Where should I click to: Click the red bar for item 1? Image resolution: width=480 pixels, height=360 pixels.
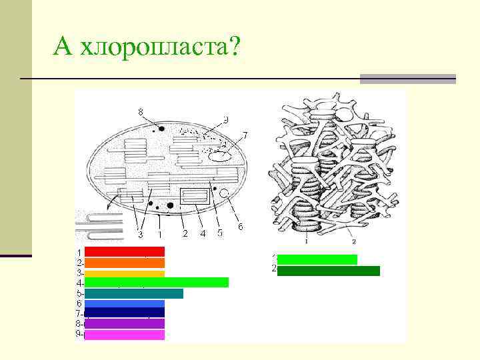coord(124,251)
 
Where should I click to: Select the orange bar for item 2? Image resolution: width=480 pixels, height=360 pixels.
coord(124,263)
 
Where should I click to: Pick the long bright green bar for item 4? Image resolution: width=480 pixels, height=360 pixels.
coord(156,283)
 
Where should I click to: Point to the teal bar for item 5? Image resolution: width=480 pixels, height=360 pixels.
coord(133,293)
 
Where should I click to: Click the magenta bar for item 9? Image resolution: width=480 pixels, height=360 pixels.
coord(124,335)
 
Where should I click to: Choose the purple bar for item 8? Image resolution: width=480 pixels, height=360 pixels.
coord(124,323)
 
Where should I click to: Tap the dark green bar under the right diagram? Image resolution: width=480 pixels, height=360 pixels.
coord(328,271)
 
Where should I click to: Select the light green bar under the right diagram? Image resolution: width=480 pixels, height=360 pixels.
coord(317,259)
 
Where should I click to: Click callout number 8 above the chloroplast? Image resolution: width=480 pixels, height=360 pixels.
coord(140,111)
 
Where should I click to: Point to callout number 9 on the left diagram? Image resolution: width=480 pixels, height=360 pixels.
coord(226,120)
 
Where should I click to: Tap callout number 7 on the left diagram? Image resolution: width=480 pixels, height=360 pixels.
coord(245,135)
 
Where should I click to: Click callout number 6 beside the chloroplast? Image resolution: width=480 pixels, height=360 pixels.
coord(240,227)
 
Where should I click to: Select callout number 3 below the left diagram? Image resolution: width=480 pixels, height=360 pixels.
coord(140,234)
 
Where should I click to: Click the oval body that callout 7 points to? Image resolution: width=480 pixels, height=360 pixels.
coord(219,157)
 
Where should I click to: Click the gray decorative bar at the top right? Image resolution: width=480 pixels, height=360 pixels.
coord(407,79)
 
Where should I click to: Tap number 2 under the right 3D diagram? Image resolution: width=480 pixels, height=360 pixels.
coord(354,241)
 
